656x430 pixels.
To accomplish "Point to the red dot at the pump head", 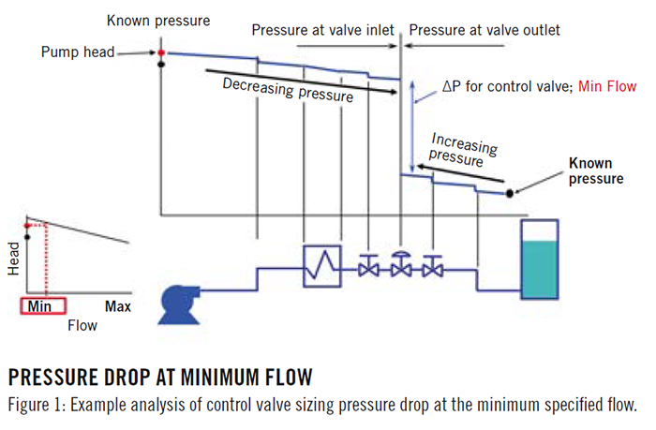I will tap(161, 52).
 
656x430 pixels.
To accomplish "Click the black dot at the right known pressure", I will tap(510, 194).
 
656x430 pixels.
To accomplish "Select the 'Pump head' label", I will tap(78, 52).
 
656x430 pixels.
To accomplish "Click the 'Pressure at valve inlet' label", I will tap(323, 30).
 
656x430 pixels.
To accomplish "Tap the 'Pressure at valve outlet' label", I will tap(485, 30).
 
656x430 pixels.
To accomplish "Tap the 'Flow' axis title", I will tap(81, 325).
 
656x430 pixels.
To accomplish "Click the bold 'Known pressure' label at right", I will tap(595, 171).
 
